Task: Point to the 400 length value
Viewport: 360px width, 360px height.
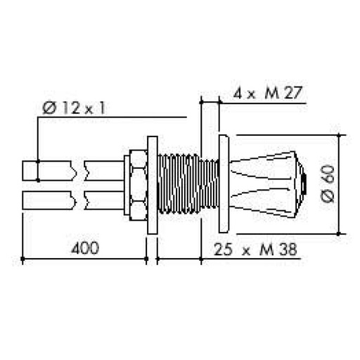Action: [84, 247]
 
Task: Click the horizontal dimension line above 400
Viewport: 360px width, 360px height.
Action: [84, 260]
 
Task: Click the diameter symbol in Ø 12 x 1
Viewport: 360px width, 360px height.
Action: [49, 108]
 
